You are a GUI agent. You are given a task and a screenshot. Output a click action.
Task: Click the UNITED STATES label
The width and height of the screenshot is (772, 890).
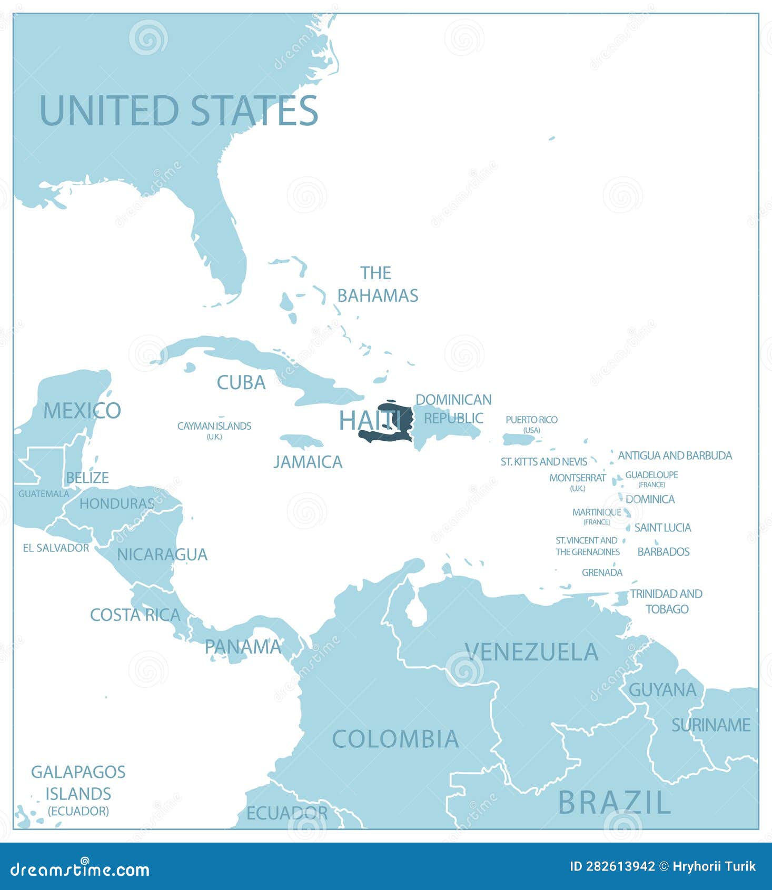(x=179, y=111)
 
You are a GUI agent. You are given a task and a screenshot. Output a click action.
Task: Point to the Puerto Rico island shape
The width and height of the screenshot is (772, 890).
(x=519, y=439)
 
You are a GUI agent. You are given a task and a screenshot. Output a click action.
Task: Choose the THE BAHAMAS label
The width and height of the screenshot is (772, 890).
(x=378, y=284)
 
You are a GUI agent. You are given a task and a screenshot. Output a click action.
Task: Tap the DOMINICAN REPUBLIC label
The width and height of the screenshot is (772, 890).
(x=453, y=409)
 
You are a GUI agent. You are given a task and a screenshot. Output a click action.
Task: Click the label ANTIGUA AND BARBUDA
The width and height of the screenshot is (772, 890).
(x=675, y=456)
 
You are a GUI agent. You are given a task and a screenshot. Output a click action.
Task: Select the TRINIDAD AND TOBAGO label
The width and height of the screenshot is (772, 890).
(x=666, y=601)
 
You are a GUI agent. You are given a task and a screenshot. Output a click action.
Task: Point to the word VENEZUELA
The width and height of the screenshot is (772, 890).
(x=532, y=652)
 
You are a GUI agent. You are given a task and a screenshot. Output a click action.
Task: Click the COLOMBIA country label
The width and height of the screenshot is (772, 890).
(x=395, y=739)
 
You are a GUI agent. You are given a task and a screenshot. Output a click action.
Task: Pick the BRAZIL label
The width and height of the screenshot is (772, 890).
(x=614, y=803)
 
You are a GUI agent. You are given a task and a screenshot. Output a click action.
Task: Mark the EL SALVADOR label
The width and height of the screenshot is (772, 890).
(x=56, y=548)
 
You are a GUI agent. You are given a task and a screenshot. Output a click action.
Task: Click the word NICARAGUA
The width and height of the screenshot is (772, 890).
(x=162, y=555)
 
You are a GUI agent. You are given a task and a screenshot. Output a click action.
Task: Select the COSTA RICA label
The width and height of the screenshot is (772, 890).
(x=135, y=615)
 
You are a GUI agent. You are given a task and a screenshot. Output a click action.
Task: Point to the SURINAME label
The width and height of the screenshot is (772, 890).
(x=711, y=725)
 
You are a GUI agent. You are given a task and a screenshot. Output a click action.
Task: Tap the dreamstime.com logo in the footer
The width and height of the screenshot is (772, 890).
(x=80, y=869)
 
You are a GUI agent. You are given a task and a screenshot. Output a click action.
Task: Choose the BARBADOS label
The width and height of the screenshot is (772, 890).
(x=664, y=551)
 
